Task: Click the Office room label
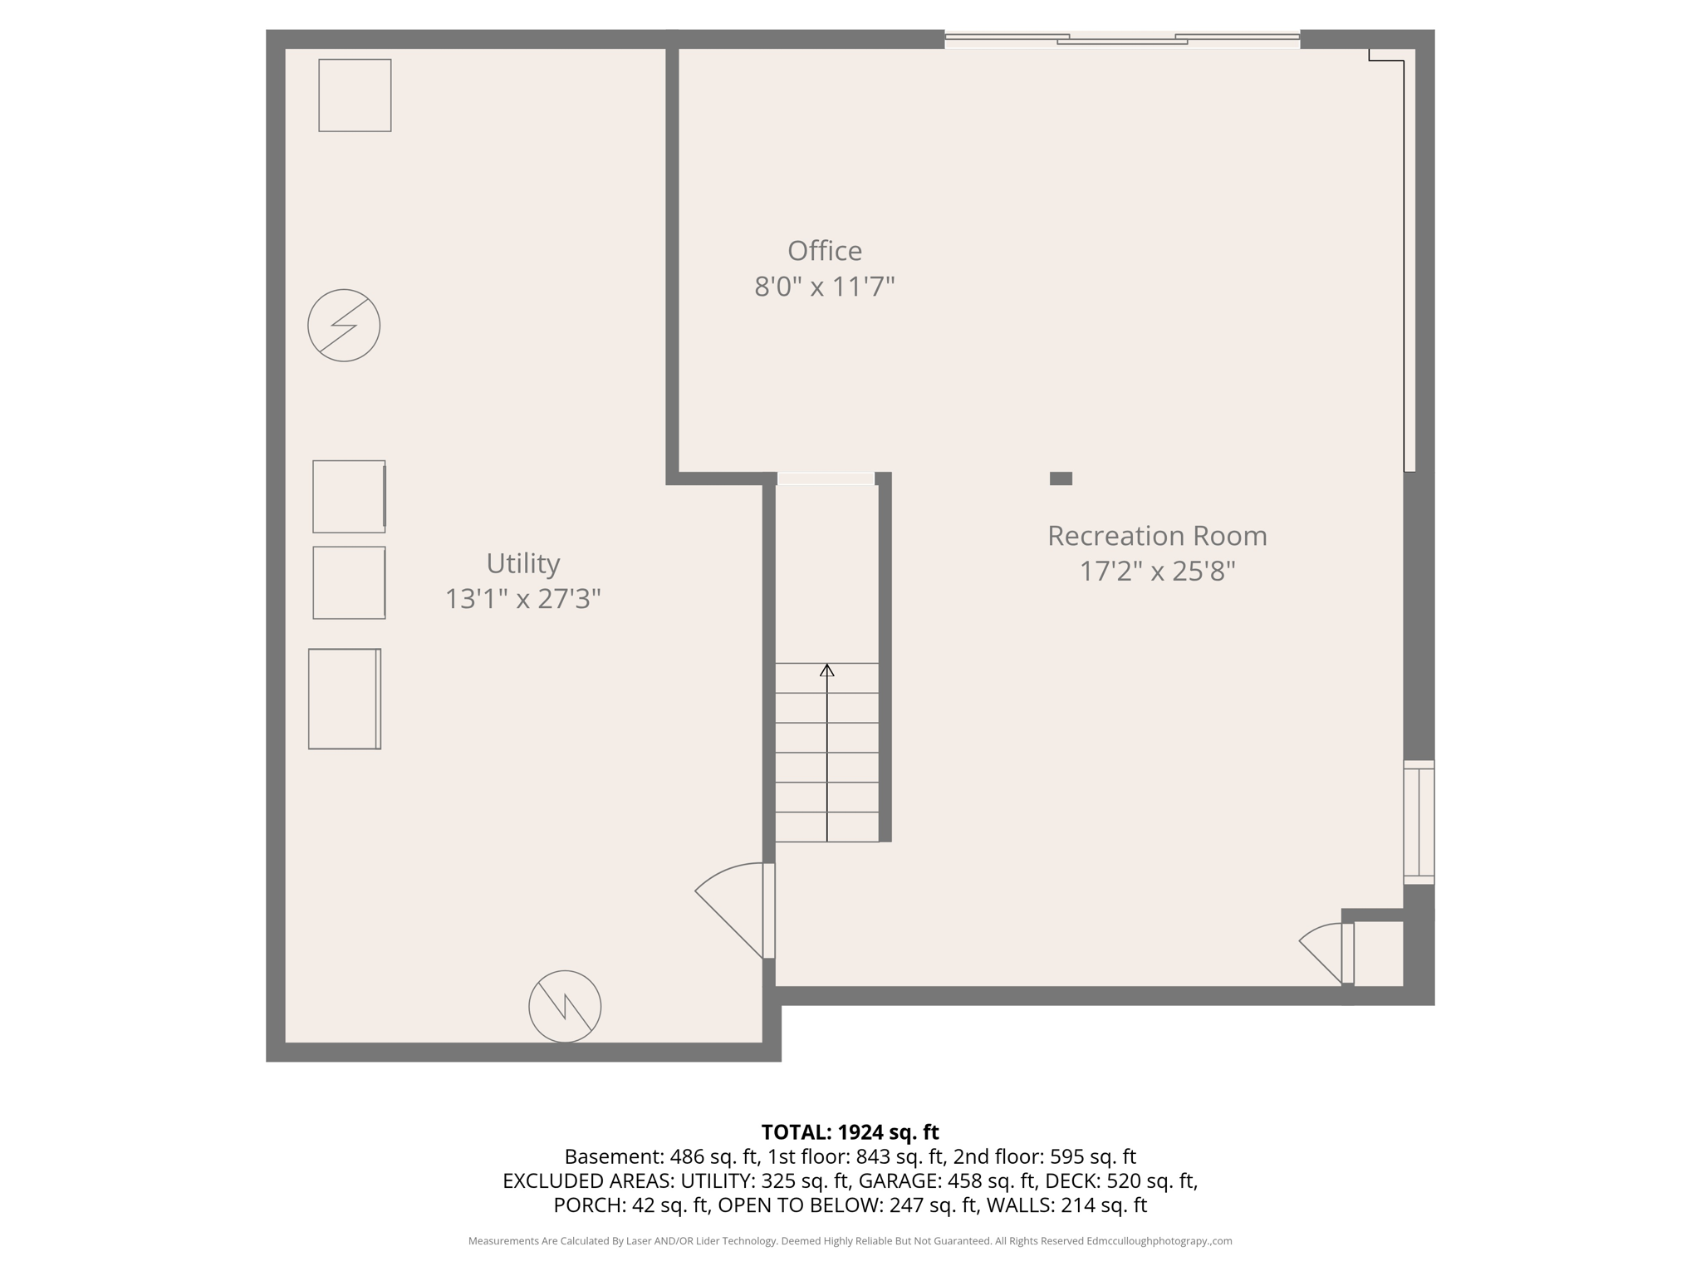824,251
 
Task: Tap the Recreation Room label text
1156,536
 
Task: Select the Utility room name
522,563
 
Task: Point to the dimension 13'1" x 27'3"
522,599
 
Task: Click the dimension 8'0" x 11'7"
824,287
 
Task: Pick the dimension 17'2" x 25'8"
1156,572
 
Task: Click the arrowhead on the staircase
826,670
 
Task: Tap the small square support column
1061,478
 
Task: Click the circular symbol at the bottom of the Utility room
565,1006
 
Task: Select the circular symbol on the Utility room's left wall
344,325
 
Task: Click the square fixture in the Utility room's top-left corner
355,96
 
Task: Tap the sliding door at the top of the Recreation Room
1121,38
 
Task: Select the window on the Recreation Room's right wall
1419,822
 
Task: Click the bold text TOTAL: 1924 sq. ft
850,1132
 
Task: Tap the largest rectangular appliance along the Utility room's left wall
345,699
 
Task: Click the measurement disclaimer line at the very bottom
850,1241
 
